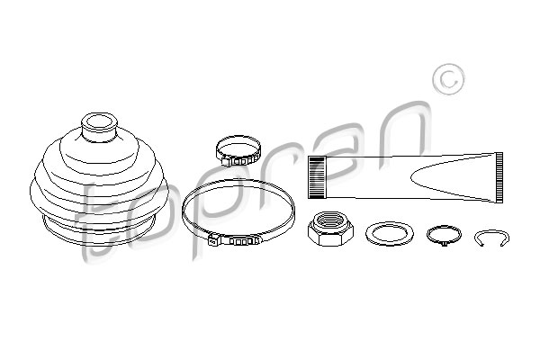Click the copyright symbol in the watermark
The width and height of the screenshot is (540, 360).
(448, 79)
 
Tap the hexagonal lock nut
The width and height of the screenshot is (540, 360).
(330, 229)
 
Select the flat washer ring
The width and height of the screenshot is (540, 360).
(390, 234)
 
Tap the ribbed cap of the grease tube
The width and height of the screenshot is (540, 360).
(317, 177)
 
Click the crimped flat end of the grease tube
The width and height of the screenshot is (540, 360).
(499, 177)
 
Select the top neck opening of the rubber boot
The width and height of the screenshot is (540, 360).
(99, 122)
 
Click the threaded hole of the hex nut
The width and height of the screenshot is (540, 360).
(330, 221)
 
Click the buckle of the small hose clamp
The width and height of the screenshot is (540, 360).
(238, 161)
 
